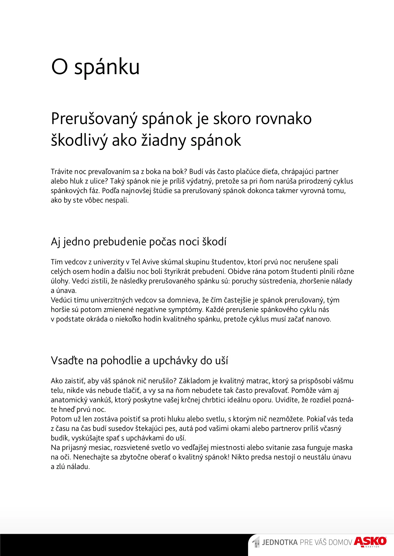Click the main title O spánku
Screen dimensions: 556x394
(95, 67)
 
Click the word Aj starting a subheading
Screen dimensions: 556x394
(56, 242)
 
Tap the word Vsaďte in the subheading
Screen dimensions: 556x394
(67, 361)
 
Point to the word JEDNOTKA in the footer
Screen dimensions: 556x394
(280, 542)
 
